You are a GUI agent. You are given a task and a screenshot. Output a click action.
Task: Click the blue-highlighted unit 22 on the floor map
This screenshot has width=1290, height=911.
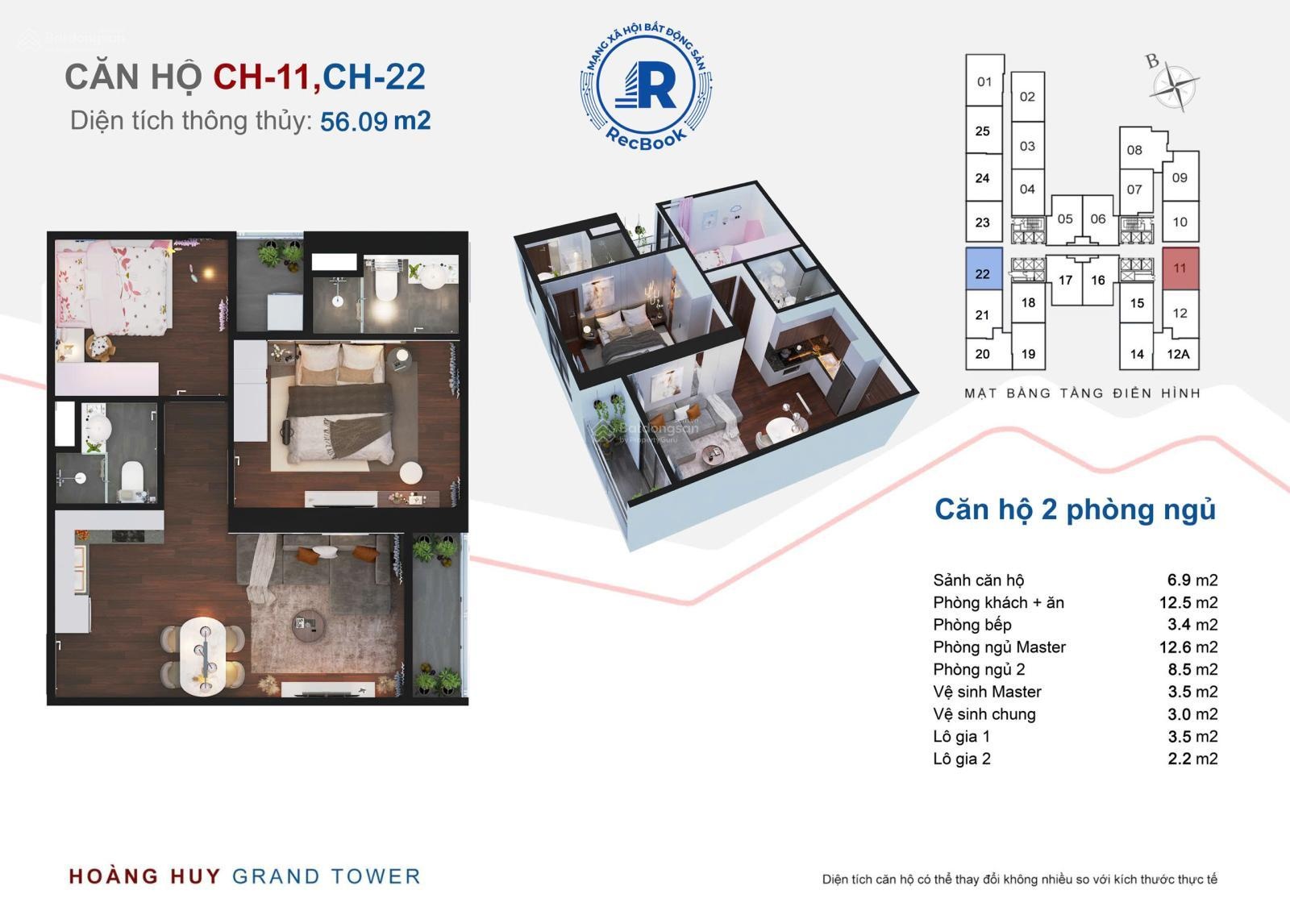click(x=984, y=268)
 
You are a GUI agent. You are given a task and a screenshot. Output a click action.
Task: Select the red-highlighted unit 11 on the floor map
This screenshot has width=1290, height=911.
click(x=1180, y=268)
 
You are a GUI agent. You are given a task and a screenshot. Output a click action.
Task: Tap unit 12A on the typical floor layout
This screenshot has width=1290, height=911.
click(x=1178, y=354)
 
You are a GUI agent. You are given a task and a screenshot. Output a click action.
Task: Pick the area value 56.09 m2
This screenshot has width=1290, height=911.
click(x=375, y=122)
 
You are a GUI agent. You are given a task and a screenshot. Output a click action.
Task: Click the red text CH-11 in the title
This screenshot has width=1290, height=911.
click(x=262, y=77)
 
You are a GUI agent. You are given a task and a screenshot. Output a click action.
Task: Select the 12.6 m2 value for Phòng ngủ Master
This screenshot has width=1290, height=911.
click(x=1188, y=647)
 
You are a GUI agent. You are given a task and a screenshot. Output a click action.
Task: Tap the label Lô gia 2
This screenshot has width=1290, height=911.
click(x=962, y=759)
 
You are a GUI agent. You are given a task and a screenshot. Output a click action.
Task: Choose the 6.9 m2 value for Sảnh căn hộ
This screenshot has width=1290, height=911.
click(x=1192, y=580)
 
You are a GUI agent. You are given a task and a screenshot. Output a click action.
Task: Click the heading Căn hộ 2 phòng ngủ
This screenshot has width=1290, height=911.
click(x=1075, y=510)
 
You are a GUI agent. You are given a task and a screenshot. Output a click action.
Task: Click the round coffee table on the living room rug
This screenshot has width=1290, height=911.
click(x=308, y=626)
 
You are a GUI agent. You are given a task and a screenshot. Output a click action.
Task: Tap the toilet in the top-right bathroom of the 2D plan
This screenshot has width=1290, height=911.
click(x=386, y=286)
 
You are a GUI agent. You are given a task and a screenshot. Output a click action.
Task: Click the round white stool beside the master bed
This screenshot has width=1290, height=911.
click(x=410, y=472)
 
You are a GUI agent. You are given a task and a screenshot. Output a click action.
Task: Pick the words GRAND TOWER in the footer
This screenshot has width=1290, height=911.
click(x=326, y=876)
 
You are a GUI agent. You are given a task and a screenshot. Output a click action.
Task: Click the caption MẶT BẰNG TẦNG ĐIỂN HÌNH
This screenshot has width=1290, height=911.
click(x=1082, y=393)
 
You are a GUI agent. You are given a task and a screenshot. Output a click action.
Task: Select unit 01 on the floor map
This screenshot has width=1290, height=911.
click(x=984, y=81)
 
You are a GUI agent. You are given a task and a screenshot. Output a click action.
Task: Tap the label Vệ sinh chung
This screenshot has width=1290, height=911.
click(x=984, y=714)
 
